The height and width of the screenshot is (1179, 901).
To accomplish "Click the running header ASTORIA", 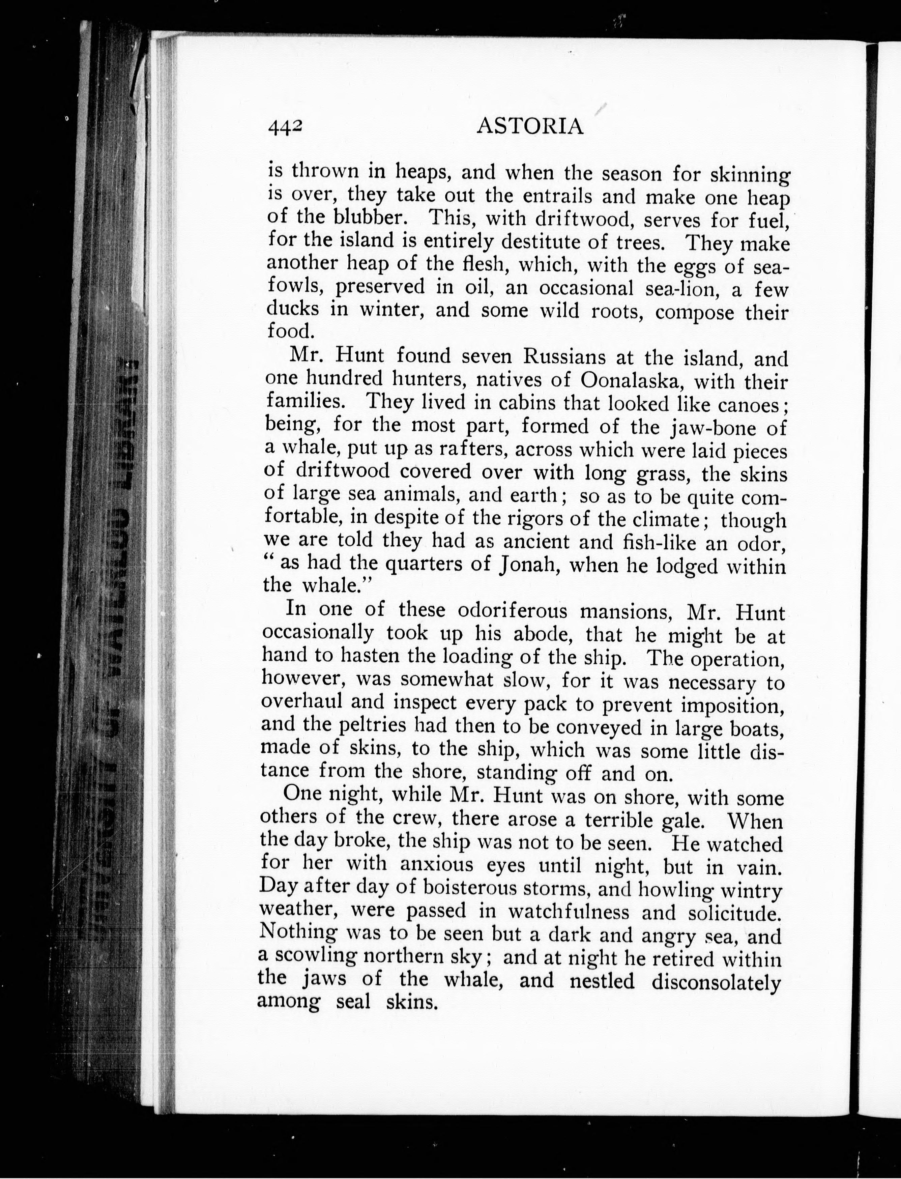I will (x=529, y=126).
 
